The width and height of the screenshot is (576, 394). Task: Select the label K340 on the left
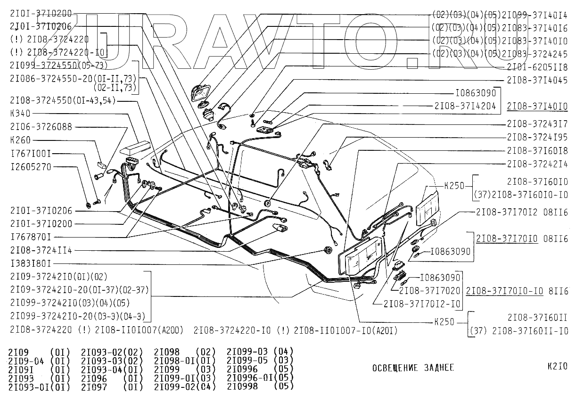coord(20,113)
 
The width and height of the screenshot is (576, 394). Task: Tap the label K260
coord(20,140)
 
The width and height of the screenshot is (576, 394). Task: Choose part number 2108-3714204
coord(465,107)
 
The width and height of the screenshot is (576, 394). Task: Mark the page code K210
coord(558,366)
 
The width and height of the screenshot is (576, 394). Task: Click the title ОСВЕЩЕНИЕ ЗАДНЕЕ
coord(412,368)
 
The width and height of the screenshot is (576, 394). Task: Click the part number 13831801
coord(31,263)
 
